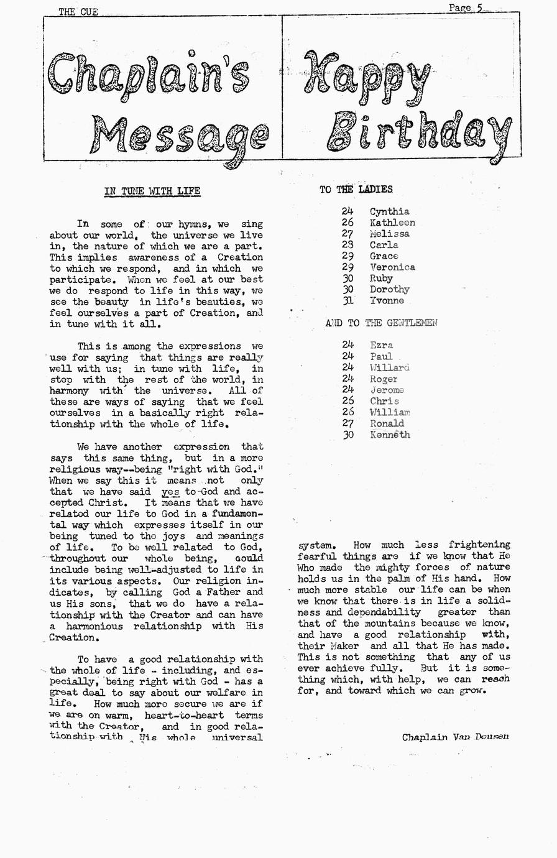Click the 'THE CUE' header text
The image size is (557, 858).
[x=78, y=11]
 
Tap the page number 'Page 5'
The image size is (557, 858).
[x=466, y=7]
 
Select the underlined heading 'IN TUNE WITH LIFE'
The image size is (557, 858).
[x=152, y=191]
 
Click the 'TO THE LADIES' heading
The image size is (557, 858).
[x=356, y=189]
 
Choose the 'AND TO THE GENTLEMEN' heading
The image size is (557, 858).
[x=381, y=323]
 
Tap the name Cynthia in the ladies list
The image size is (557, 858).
[x=389, y=211]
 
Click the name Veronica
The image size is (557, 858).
[x=392, y=267]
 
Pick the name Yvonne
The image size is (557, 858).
[x=387, y=301]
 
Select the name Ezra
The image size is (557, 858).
[x=381, y=345]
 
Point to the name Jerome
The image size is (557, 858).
[x=387, y=390]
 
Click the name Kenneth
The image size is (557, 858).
[x=390, y=435]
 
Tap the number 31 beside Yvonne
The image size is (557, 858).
[x=348, y=301]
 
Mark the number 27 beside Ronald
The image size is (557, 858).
[x=348, y=423]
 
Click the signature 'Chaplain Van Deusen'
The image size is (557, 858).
[x=455, y=737]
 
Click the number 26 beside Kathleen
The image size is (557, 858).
[x=348, y=223]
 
